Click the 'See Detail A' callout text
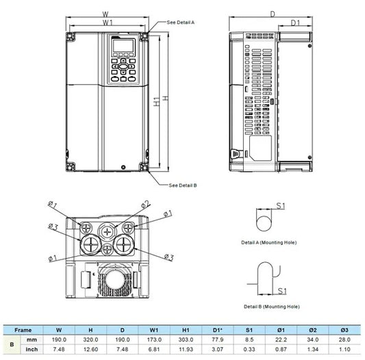[x=181, y=23]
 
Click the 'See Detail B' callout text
[x=182, y=185]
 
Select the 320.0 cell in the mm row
[x=91, y=339]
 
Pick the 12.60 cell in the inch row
[x=91, y=349]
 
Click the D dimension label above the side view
[x=273, y=13]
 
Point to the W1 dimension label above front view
[x=108, y=23]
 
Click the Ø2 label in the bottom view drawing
[x=146, y=203]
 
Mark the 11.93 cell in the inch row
[x=185, y=349]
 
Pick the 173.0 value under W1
[x=154, y=339]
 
